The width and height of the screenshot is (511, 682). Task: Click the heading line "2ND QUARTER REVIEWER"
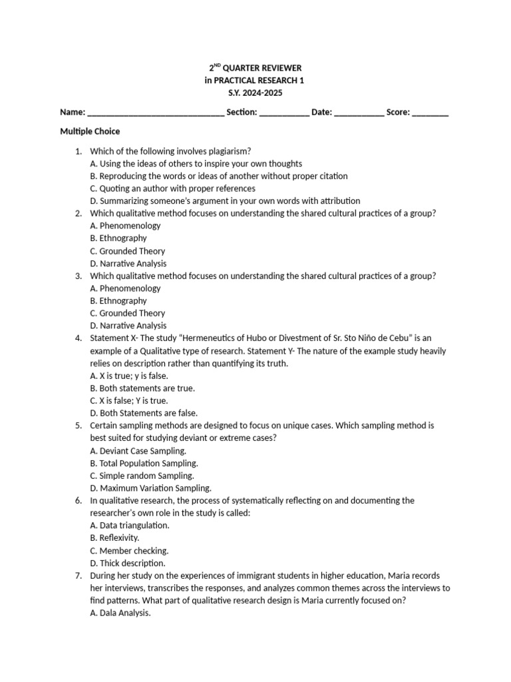pos(255,68)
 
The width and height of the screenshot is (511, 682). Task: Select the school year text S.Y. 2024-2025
pos(255,93)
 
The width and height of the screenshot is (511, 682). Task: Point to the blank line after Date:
pos(359,113)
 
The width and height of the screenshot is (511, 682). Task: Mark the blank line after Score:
pos(430,113)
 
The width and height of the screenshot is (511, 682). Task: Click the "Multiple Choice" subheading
pos(90,132)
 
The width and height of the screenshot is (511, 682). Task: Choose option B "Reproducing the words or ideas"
pos(218,176)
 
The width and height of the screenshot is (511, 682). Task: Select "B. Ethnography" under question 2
pos(118,238)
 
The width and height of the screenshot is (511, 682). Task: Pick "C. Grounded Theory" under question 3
pos(127,313)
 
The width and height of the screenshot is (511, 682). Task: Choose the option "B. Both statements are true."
pos(142,388)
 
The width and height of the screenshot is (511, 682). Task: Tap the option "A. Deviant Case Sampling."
pos(138,451)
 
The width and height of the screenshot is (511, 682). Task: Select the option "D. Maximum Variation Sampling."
pos(150,488)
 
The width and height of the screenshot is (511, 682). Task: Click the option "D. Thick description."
pos(127,563)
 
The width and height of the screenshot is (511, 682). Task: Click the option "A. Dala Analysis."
pos(120,613)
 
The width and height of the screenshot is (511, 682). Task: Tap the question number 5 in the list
pos(79,426)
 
